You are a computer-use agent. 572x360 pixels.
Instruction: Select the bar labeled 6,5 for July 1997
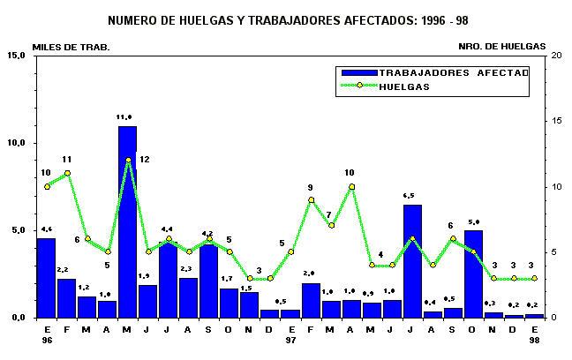tap(412, 260)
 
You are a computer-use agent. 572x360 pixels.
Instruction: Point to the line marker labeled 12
tap(128, 161)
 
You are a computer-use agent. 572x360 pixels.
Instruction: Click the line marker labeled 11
tap(67, 173)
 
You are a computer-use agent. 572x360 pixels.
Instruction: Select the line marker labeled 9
tap(311, 200)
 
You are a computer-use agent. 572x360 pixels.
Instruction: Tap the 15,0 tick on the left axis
tap(16, 56)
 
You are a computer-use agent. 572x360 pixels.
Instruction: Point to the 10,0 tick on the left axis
tap(16, 143)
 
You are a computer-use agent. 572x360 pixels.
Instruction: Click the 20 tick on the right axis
tap(554, 56)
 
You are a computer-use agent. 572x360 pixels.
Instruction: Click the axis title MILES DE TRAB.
tap(71, 46)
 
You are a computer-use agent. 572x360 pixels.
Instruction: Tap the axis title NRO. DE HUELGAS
tap(501, 46)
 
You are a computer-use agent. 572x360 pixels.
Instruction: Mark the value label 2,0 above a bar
tap(311, 274)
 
